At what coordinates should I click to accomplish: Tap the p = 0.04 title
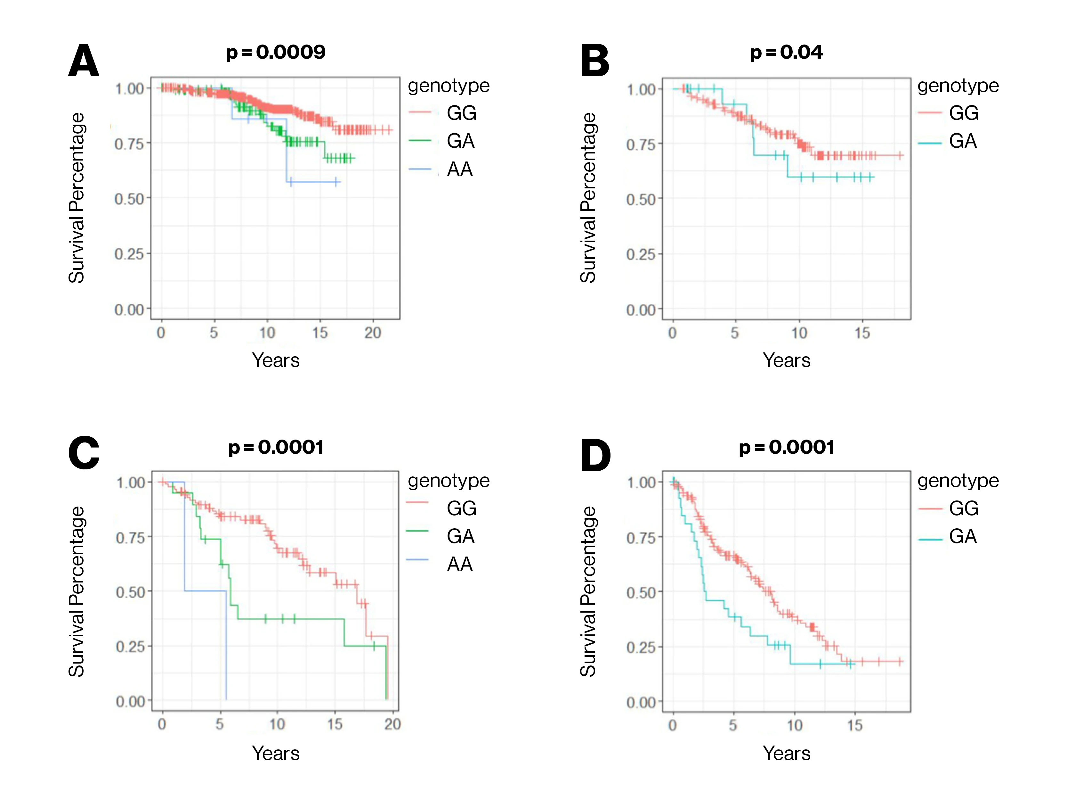click(786, 52)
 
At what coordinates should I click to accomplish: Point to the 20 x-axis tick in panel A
click(372, 333)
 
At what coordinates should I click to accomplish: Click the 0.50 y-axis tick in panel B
click(641, 199)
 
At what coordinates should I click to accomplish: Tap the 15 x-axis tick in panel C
click(335, 724)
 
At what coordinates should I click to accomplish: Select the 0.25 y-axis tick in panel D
click(641, 647)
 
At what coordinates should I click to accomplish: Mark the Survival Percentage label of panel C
click(77, 591)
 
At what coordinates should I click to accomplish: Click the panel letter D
click(595, 455)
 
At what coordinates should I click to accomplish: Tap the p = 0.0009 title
click(276, 52)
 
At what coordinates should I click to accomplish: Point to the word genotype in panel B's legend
click(958, 86)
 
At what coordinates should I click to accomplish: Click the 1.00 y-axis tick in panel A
click(129, 89)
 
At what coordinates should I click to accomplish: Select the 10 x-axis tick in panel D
click(795, 725)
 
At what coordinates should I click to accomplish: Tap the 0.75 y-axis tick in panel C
click(130, 537)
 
